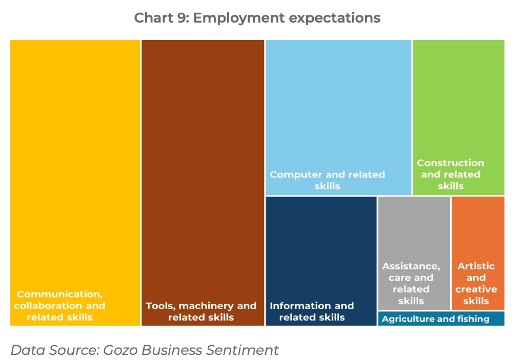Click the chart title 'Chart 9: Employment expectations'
pyautogui.click(x=257, y=18)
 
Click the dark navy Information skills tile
pyautogui.click(x=321, y=246)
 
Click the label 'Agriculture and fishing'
pyautogui.click(x=435, y=319)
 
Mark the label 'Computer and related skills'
pyautogui.click(x=327, y=180)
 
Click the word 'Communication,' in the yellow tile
pyautogui.click(x=59, y=294)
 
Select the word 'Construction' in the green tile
pyautogui.click(x=450, y=163)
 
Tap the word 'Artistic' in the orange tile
pyautogui.click(x=476, y=266)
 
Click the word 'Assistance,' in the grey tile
pyautogui.click(x=411, y=266)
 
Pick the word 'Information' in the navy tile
pyautogui.click(x=294, y=306)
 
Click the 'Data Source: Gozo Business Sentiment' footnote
pyautogui.click(x=145, y=350)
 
